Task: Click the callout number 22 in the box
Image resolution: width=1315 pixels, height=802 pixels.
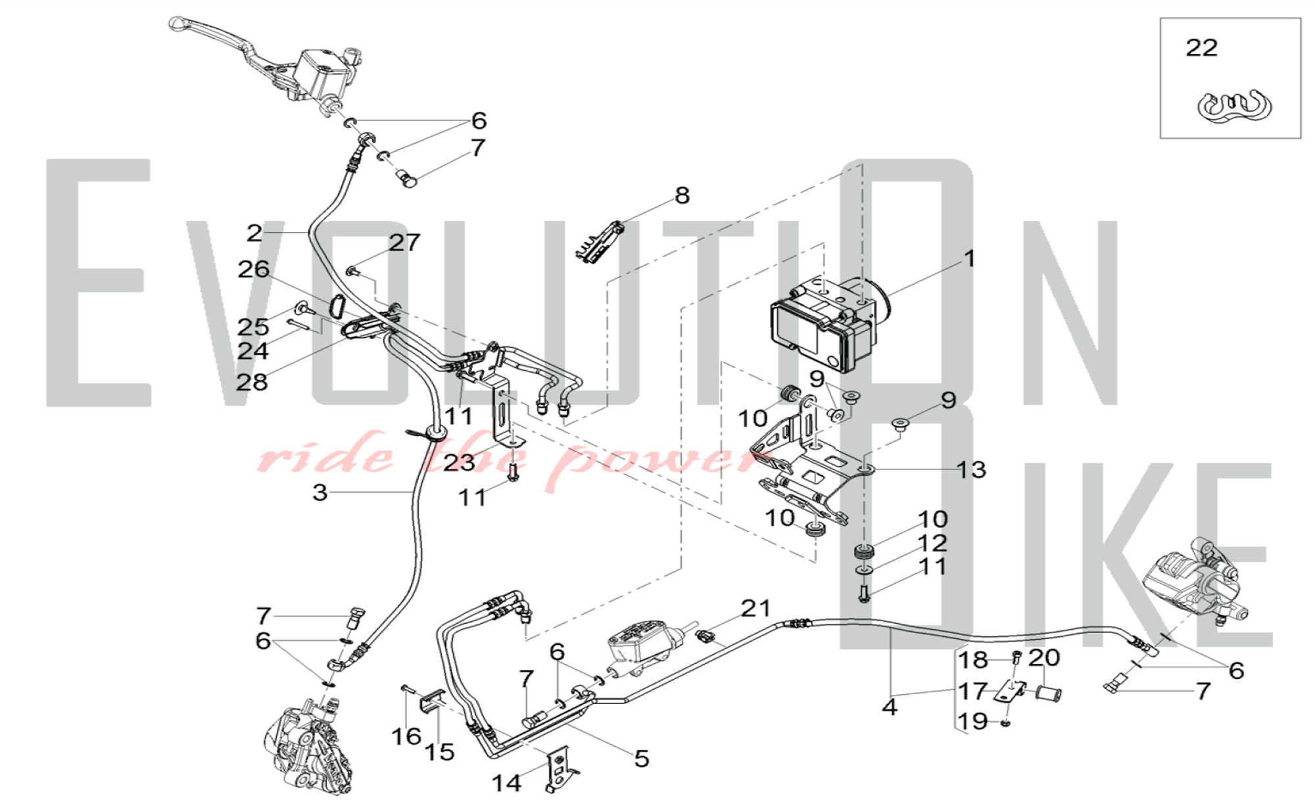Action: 1201,48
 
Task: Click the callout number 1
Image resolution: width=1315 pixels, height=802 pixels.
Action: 969,258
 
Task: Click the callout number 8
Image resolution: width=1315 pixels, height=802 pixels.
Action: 682,195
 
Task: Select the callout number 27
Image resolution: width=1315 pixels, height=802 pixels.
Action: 404,243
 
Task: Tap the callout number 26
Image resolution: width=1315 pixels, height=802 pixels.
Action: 253,269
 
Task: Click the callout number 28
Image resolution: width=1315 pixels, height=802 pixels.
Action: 252,382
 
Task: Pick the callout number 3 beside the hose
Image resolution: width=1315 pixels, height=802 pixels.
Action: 320,492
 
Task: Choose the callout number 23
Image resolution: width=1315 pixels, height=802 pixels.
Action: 458,463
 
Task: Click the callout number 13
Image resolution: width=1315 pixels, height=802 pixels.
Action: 970,469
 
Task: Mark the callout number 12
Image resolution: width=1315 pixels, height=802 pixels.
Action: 932,543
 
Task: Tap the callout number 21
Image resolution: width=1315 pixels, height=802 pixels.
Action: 755,609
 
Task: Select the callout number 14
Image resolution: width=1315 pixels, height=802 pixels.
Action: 506,783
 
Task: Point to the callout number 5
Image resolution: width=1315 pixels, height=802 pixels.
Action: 641,759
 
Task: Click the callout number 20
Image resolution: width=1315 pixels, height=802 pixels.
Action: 1043,657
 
